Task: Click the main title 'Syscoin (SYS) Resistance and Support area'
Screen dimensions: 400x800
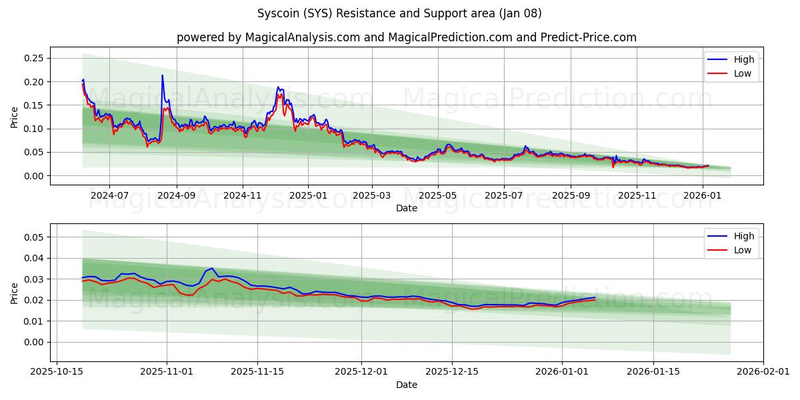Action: tap(399, 13)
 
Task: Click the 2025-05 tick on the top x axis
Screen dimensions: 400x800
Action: tap(438, 195)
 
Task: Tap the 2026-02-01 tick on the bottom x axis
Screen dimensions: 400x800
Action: tap(763, 371)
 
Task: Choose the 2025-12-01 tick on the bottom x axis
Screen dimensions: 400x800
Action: tap(361, 371)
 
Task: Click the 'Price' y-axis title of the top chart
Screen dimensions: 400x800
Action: tap(15, 117)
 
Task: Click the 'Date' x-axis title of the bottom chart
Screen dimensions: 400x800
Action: tap(406, 385)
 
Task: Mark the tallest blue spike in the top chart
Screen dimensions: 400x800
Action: tap(162, 75)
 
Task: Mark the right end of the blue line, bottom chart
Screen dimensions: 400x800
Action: tap(595, 297)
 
